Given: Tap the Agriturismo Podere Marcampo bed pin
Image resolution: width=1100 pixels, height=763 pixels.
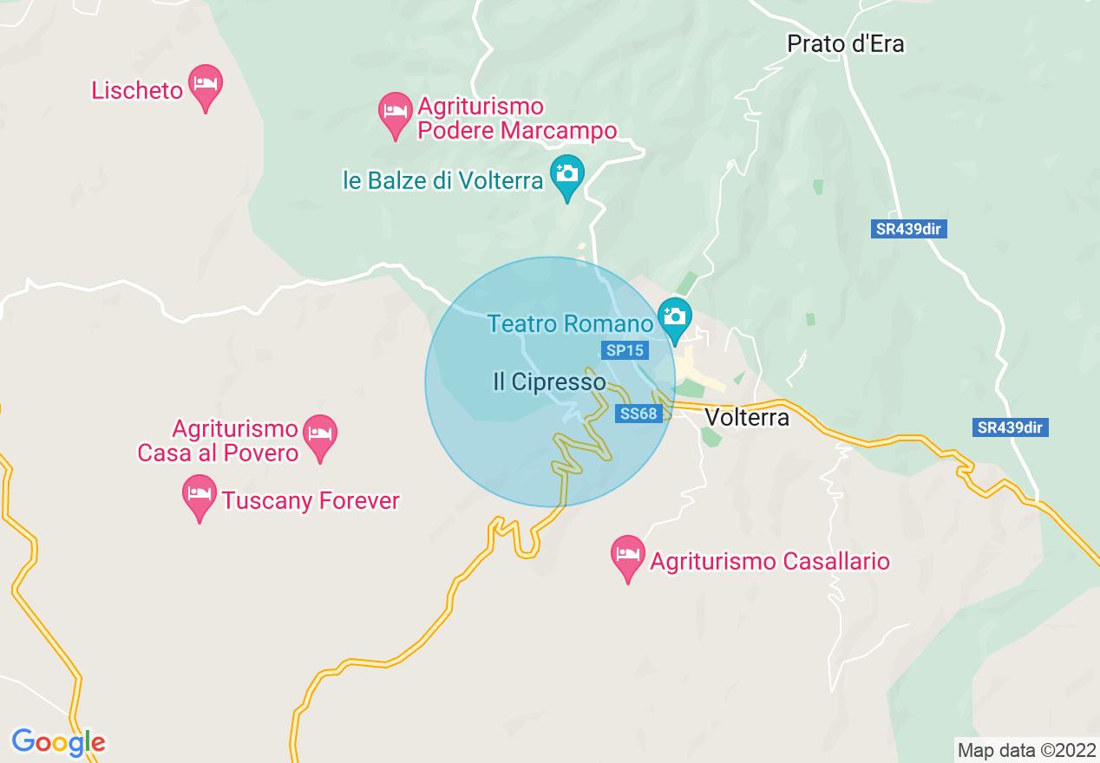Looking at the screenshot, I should [396, 113].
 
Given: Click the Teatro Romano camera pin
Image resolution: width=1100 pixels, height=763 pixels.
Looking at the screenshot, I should [674, 317].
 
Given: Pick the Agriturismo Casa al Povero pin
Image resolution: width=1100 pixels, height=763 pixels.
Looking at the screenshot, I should [321, 434].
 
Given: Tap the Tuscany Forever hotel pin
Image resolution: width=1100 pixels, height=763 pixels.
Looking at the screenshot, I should [200, 495].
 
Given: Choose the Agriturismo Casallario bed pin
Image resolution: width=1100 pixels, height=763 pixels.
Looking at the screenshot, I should [627, 556].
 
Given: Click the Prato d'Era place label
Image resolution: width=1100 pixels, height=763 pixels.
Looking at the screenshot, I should [846, 44].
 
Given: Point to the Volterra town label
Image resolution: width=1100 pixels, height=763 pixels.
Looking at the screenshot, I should [747, 418].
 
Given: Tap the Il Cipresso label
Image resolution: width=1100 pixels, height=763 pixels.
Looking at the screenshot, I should [549, 381].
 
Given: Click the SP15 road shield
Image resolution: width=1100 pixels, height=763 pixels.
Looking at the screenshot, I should [625, 350].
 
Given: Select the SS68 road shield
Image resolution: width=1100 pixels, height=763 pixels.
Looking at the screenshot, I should [639, 414].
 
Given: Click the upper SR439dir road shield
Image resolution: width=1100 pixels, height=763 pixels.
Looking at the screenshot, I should [908, 229].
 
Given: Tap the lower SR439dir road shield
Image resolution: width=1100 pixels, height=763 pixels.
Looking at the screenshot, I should [1010, 427].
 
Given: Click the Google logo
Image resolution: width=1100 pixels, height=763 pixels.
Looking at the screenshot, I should [59, 742].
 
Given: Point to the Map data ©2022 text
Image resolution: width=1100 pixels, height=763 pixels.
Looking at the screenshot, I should [1025, 750].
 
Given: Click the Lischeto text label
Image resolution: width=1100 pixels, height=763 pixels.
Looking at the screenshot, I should [137, 90].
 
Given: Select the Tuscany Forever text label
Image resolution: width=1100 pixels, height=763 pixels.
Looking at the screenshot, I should [311, 501].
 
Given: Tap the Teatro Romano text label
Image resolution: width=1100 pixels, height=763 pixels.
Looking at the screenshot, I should [570, 324].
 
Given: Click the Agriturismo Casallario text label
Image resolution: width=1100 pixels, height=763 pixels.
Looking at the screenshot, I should [770, 562].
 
